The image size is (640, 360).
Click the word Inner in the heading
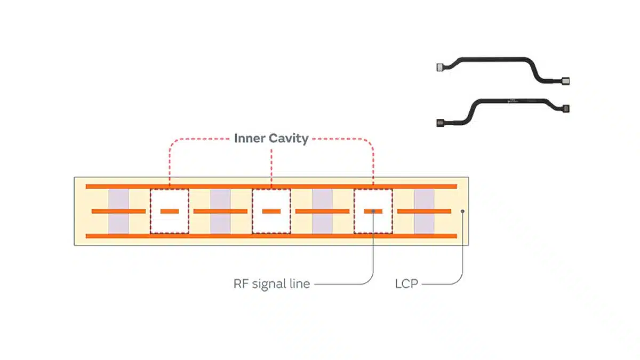click(x=249, y=139)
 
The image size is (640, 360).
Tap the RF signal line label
click(x=271, y=284)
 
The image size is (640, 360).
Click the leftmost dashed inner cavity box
click(x=170, y=211)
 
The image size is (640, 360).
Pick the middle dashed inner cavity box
click(x=271, y=211)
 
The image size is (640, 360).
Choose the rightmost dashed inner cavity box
click(x=373, y=211)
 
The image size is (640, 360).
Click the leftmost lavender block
click(x=118, y=211)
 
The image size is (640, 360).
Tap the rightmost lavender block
click(x=425, y=211)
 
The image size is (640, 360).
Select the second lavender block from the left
click(x=220, y=211)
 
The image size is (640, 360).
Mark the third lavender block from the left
click(x=322, y=211)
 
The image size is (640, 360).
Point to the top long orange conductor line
click(x=271, y=186)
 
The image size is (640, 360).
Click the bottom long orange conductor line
click(x=271, y=236)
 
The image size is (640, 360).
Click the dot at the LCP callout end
click(x=462, y=211)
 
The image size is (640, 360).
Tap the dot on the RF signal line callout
click(x=373, y=211)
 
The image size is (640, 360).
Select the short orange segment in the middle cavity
click(x=271, y=211)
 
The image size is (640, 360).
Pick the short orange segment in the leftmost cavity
click(x=170, y=211)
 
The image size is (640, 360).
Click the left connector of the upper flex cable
click(x=441, y=67)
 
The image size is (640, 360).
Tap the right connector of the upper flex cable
click(x=566, y=82)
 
